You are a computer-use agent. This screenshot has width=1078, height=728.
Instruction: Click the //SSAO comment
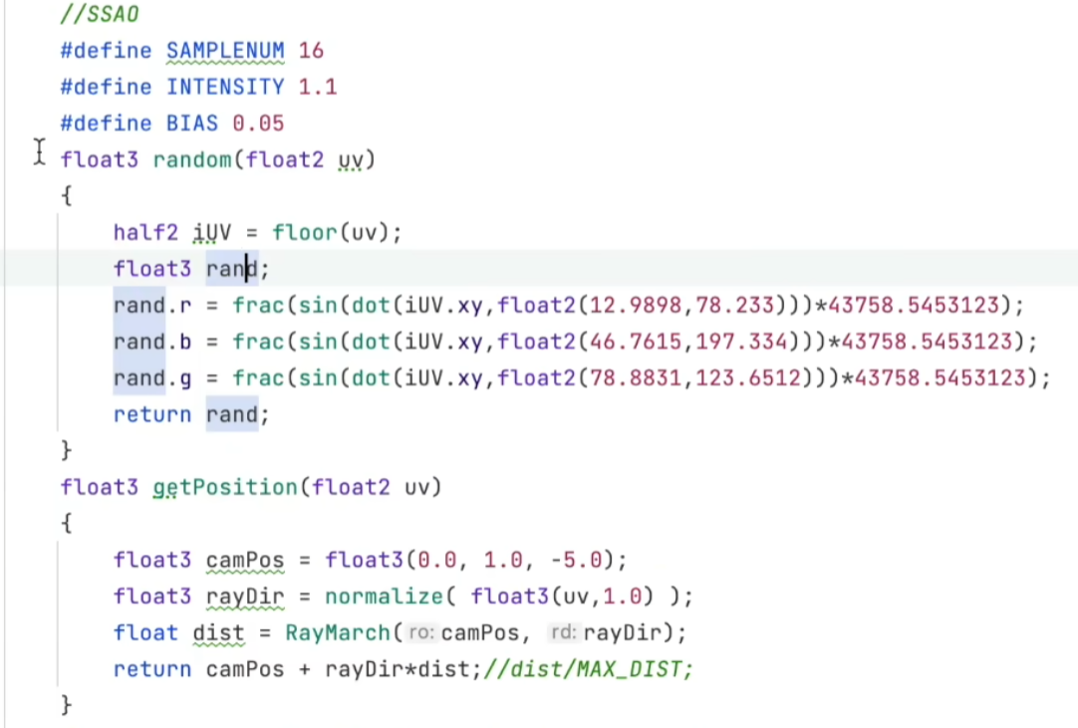click(100, 14)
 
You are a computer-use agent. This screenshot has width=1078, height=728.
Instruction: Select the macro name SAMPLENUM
click(225, 51)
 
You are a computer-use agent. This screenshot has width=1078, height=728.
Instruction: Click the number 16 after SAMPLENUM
click(311, 51)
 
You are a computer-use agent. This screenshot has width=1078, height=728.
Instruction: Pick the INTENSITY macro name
click(225, 88)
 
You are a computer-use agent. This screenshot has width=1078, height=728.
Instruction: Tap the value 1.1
click(318, 88)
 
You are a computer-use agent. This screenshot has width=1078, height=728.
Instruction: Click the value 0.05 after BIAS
click(258, 123)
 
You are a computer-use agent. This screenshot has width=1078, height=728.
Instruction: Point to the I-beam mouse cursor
click(39, 151)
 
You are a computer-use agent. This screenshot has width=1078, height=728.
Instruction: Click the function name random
click(192, 160)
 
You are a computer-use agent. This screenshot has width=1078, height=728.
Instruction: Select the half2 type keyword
click(145, 233)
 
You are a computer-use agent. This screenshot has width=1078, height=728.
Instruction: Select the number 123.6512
click(748, 378)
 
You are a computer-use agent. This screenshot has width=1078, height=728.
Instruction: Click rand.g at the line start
click(152, 378)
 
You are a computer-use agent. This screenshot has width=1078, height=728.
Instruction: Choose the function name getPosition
click(225, 487)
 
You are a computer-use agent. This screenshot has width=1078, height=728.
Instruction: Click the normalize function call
click(384, 596)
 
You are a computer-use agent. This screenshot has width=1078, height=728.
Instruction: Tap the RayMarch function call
click(338, 632)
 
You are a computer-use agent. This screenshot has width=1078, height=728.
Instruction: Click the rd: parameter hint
click(562, 631)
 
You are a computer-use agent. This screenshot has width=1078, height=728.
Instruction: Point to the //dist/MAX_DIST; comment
click(589, 669)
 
